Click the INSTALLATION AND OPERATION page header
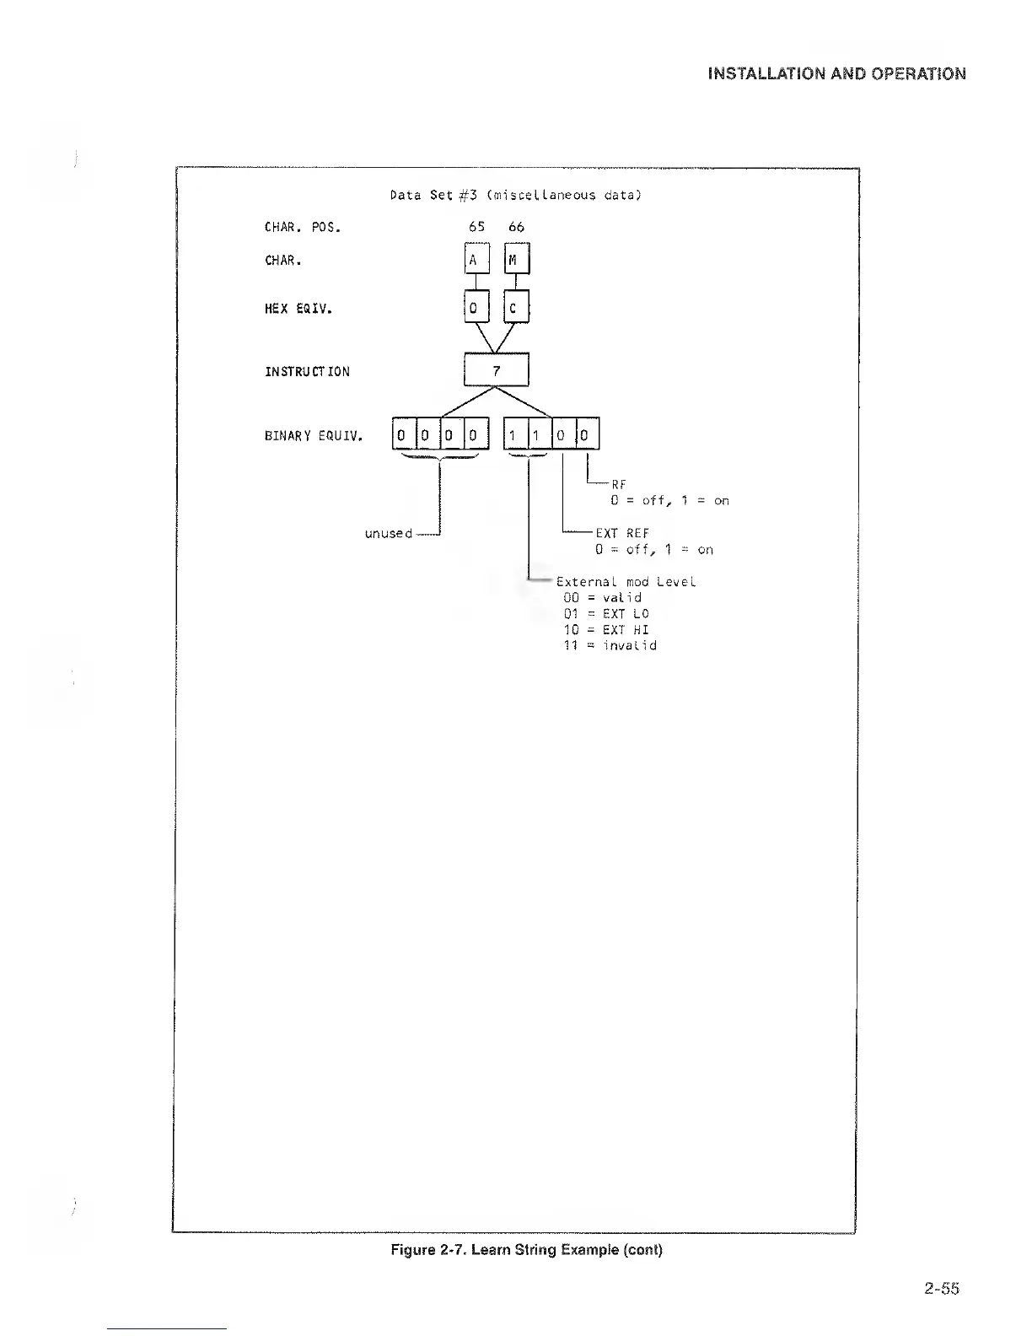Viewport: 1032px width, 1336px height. [x=836, y=73]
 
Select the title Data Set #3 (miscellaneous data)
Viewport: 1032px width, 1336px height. [x=516, y=195]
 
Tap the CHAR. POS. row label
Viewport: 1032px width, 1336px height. [x=303, y=227]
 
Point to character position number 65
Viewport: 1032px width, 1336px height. [x=477, y=227]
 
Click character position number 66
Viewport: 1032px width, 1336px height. [x=517, y=227]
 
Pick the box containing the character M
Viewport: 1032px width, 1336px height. [x=516, y=260]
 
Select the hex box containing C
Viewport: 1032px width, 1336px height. [x=516, y=308]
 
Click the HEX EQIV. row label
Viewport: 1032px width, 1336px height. [x=298, y=309]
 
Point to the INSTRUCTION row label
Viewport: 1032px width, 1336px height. [x=307, y=372]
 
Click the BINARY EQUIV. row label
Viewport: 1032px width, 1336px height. [x=314, y=436]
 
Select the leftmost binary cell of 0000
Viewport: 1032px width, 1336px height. [x=403, y=435]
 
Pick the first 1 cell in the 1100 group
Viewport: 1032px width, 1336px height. [x=513, y=435]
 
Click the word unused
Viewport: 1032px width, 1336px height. [x=388, y=534]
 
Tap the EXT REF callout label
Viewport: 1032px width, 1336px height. [x=622, y=533]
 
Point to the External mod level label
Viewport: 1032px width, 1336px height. [x=626, y=582]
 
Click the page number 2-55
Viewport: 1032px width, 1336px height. [x=941, y=1288]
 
